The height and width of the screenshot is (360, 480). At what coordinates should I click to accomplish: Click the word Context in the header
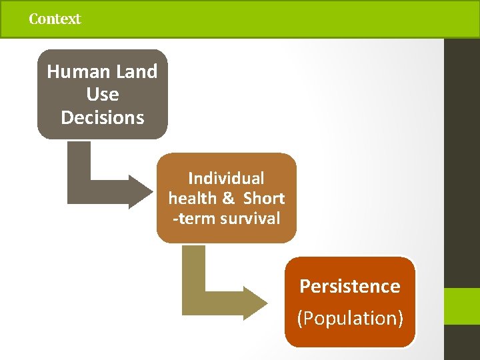(55, 19)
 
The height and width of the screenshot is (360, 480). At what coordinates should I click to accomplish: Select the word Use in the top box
(102, 94)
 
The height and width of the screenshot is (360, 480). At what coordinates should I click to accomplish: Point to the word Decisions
(102, 117)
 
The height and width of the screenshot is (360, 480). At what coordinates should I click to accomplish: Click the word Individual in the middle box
(226, 179)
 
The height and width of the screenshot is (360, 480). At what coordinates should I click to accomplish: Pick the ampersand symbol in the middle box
(228, 199)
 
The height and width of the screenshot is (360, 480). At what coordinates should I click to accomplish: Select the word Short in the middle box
(264, 199)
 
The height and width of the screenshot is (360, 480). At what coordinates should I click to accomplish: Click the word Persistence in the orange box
(349, 286)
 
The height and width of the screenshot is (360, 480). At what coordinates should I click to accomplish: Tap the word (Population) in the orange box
(350, 318)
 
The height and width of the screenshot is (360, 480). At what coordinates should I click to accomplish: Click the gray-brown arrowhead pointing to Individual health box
(140, 191)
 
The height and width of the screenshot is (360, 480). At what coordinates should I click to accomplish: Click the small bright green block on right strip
(462, 307)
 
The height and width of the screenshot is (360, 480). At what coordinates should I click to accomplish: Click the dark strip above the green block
(462, 160)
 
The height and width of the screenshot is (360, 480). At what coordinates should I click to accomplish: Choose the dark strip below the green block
(462, 343)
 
